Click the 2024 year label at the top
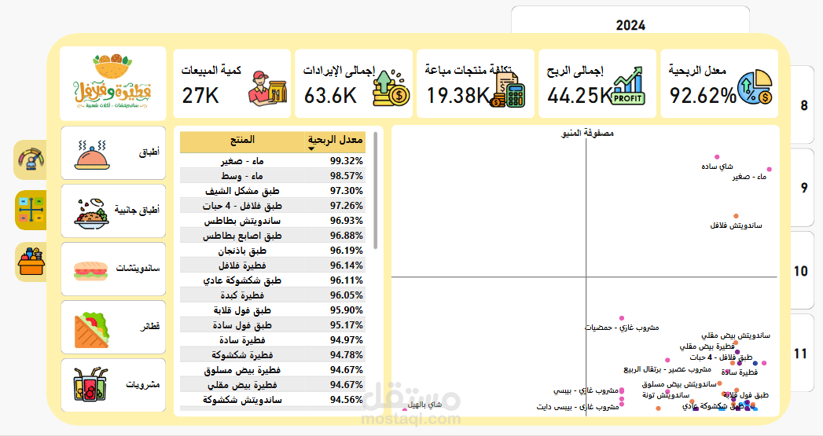[x=630, y=25]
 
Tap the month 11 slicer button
[x=800, y=354]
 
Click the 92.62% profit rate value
[x=703, y=96]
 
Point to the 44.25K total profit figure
[x=579, y=96]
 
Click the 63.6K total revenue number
[x=330, y=96]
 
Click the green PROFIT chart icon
[x=629, y=86]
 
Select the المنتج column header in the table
[x=241, y=141]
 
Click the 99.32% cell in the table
[x=346, y=160]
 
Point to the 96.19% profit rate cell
[x=346, y=250]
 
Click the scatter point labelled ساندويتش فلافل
[x=736, y=216]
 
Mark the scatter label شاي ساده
[x=717, y=167]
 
